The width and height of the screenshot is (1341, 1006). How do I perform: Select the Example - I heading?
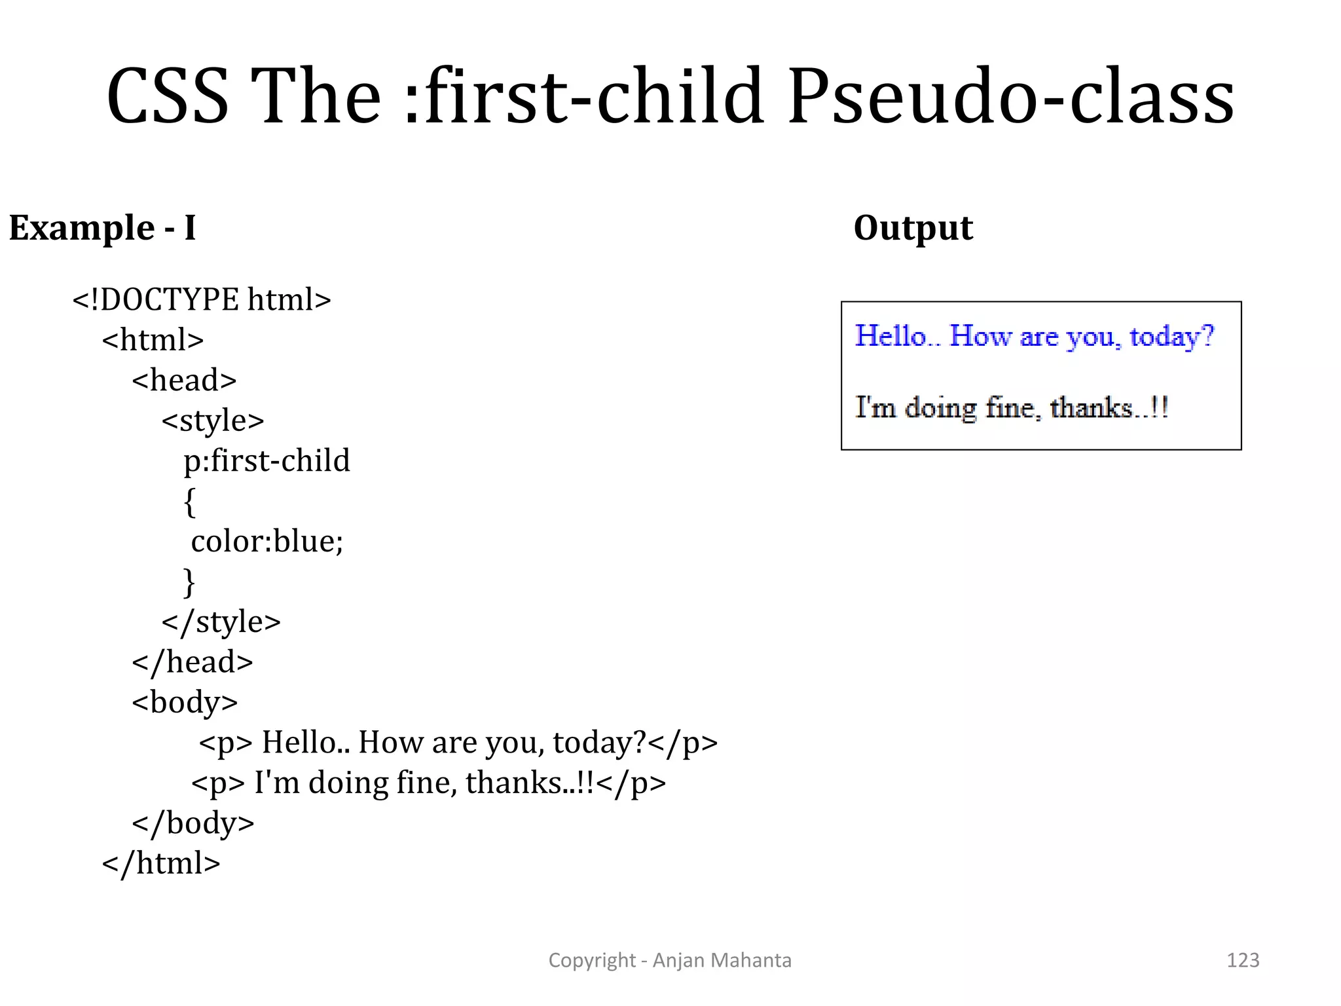(x=102, y=228)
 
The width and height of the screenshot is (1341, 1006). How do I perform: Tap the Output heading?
(x=913, y=228)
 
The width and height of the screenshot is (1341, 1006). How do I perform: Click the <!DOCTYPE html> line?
(x=202, y=300)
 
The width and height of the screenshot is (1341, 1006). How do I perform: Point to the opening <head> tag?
(x=184, y=381)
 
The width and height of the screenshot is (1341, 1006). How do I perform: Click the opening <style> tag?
(x=213, y=420)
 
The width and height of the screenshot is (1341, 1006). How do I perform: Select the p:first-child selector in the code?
(x=266, y=461)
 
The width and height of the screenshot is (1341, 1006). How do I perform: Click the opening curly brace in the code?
(x=189, y=502)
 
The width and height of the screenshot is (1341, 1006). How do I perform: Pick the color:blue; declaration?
(x=266, y=542)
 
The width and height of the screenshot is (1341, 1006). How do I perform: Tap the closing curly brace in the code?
(x=189, y=582)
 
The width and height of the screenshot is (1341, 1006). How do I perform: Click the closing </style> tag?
(x=221, y=622)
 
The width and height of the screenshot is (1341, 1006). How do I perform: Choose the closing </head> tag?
(x=192, y=662)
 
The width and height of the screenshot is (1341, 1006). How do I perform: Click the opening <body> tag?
(x=185, y=703)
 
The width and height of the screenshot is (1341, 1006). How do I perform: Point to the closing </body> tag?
(x=193, y=823)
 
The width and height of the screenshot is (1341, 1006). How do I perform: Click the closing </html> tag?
(x=161, y=863)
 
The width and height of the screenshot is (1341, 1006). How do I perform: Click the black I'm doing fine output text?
(x=1012, y=408)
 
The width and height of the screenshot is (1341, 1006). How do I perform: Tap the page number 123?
(x=1243, y=960)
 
